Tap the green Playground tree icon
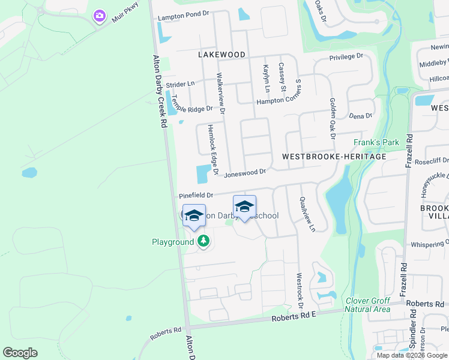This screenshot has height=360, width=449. tap(203, 241)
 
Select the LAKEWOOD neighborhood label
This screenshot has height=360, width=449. tap(221, 55)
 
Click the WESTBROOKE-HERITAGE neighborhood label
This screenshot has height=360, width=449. tap(334, 156)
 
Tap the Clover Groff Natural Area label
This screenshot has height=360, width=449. tap(367, 305)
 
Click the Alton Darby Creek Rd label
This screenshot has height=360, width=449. tap(160, 90)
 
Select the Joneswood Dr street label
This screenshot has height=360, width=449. tap(245, 173)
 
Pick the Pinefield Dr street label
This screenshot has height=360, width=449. tap(196, 196)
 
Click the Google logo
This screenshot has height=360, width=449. tap(20, 353)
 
